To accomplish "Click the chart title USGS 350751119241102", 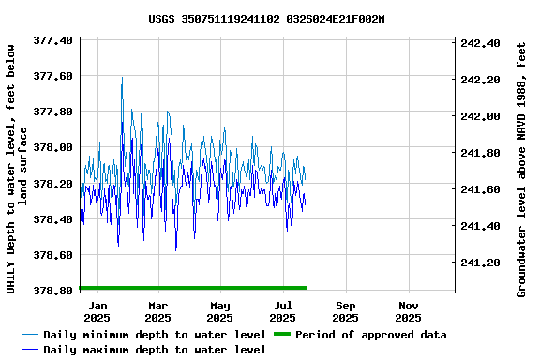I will [x=266, y=19].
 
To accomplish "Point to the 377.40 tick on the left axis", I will [x=53, y=40].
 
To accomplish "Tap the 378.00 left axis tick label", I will [x=53, y=148].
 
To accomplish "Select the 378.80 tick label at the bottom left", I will [x=53, y=292].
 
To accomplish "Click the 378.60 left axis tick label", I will [x=53, y=255].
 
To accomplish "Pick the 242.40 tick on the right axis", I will [x=481, y=43].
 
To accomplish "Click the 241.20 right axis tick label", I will [x=481, y=262].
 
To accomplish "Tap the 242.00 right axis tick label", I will [x=481, y=116].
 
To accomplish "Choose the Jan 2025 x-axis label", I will [x=97, y=311].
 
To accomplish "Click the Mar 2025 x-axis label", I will [x=158, y=311].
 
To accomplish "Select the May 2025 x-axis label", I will [x=220, y=311].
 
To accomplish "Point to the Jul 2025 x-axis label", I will [x=283, y=311].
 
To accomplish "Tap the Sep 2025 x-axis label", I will [x=346, y=311].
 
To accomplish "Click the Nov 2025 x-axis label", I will [x=408, y=311].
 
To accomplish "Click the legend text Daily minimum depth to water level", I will [x=155, y=335].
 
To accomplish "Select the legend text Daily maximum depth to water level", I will [x=155, y=350].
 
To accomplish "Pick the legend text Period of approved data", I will [x=370, y=335].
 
